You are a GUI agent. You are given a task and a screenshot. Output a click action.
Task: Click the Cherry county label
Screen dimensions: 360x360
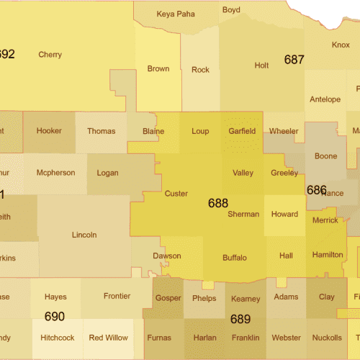click(50, 55)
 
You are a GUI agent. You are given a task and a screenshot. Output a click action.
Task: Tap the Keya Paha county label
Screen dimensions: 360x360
click(176, 14)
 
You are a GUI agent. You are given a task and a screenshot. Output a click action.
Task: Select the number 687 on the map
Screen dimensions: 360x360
click(294, 60)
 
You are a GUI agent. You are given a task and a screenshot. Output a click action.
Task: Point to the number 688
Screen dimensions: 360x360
click(218, 204)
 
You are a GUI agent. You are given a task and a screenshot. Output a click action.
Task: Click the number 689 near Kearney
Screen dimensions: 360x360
click(240, 319)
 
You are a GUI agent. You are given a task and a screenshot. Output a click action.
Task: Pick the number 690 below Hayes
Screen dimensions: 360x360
click(55, 316)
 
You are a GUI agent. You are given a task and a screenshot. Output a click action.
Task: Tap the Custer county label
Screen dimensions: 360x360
click(176, 194)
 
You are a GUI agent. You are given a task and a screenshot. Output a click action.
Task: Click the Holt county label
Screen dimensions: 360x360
click(261, 66)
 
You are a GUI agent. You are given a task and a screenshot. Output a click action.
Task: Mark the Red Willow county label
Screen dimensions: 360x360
click(108, 338)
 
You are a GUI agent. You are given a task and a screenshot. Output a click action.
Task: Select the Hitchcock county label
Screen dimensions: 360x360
click(57, 338)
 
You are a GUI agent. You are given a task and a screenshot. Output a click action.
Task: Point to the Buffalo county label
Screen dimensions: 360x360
click(235, 258)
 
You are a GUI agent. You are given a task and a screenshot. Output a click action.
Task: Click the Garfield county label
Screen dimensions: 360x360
click(242, 131)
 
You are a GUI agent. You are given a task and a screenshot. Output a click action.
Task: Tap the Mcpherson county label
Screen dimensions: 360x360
click(55, 173)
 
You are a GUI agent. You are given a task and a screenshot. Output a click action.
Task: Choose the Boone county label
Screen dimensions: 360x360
click(325, 156)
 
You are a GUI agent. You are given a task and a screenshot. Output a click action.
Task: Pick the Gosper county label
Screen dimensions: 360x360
click(168, 299)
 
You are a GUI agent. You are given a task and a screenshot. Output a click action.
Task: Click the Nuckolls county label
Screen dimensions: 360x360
click(328, 338)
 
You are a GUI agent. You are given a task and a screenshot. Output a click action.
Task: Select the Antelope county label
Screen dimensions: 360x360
click(324, 99)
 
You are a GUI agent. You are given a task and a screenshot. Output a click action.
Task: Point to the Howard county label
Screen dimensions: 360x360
click(284, 215)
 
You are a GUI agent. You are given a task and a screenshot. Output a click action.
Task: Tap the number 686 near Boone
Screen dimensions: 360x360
click(316, 190)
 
